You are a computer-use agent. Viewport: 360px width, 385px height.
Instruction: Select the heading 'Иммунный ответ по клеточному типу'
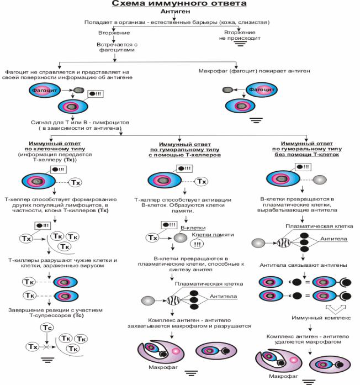coord(47,146)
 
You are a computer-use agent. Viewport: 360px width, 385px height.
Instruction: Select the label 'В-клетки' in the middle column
coord(193,228)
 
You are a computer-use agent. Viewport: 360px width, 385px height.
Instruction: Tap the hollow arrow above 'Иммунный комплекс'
coord(306,307)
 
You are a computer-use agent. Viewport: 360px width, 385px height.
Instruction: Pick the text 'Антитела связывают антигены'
coord(301,263)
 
